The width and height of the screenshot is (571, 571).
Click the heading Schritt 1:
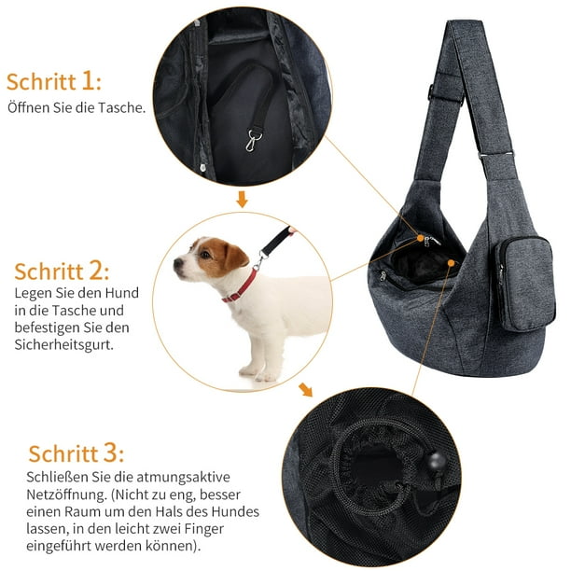(54, 81)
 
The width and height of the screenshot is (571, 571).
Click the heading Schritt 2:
(62, 272)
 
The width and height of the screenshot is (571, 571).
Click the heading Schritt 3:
(77, 453)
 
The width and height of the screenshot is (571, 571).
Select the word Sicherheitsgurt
(63, 344)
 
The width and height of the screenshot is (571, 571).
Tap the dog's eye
(205, 254)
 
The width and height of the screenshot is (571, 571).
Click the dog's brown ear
(235, 257)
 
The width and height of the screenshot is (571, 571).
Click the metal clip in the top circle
(252, 140)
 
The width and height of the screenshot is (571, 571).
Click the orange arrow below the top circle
(242, 199)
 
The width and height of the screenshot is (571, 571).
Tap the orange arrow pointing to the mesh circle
(305, 389)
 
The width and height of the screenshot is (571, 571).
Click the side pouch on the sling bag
(524, 284)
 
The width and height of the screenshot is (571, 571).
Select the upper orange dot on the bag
(421, 238)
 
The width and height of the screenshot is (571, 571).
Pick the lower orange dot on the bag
(451, 262)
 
